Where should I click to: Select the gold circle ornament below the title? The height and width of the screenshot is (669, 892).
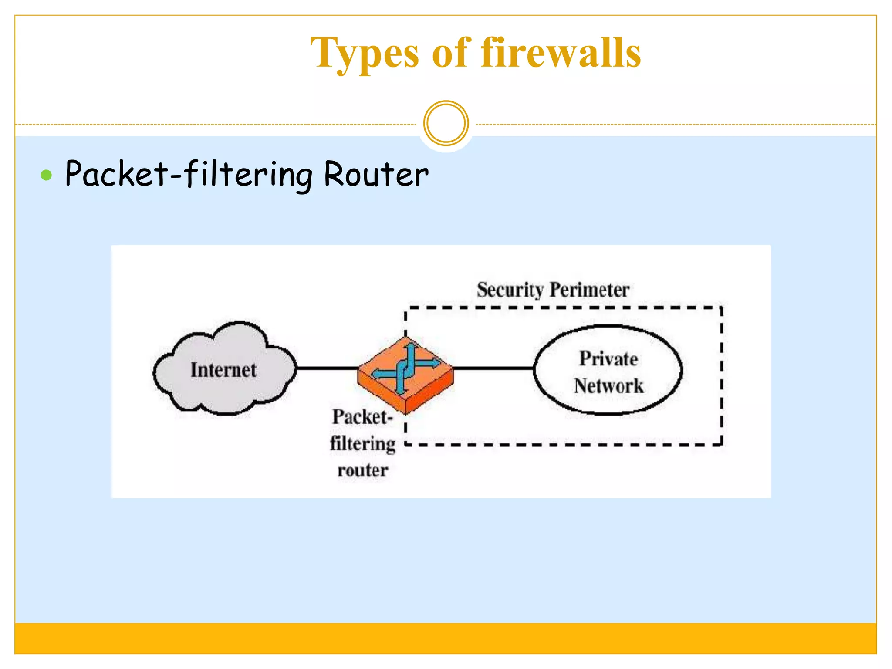pyautogui.click(x=446, y=123)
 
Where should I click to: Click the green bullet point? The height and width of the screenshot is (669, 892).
pyautogui.click(x=46, y=176)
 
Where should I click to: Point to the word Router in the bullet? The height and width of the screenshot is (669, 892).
pyautogui.click(x=376, y=174)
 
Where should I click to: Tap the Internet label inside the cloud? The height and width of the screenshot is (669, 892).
pyautogui.click(x=223, y=370)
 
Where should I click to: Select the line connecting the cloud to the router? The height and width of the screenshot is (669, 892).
pyautogui.click(x=327, y=368)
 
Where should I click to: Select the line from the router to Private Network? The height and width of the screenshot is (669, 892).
pyautogui.click(x=493, y=368)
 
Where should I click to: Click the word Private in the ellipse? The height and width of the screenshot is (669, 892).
pyautogui.click(x=608, y=359)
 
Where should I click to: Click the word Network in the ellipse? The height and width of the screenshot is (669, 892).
pyautogui.click(x=608, y=386)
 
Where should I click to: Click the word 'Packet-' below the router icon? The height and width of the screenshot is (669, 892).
pyautogui.click(x=362, y=417)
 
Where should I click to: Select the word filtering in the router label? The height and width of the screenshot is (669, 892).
pyautogui.click(x=362, y=444)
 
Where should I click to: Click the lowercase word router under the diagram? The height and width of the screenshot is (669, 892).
pyautogui.click(x=362, y=470)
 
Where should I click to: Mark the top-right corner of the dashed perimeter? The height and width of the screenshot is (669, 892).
pyautogui.click(x=722, y=307)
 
